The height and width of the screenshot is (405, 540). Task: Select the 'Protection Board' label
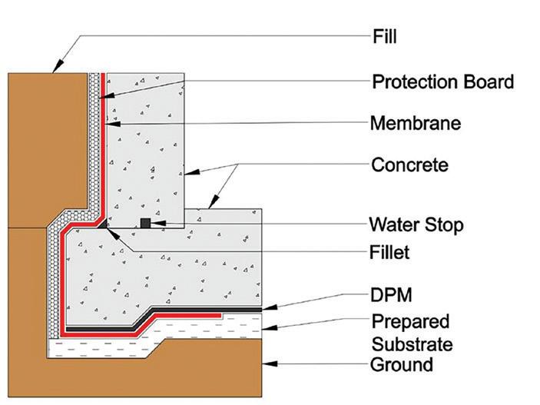[442, 81]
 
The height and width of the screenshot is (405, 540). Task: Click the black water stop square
[144, 224]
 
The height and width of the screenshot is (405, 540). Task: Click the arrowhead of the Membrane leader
[103, 121]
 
